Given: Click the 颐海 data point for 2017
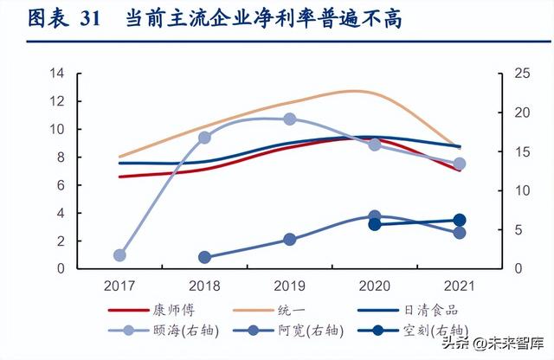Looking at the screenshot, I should tap(119, 255).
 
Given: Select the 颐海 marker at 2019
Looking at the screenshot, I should tap(289, 119).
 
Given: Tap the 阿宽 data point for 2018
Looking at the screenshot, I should tap(204, 257).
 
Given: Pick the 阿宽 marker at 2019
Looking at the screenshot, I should tap(289, 240).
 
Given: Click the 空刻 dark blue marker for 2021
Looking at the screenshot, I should tap(460, 221).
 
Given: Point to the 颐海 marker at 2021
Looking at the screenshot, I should tap(460, 164).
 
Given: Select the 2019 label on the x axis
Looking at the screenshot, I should tap(289, 285).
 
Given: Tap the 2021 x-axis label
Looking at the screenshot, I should tap(460, 285).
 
